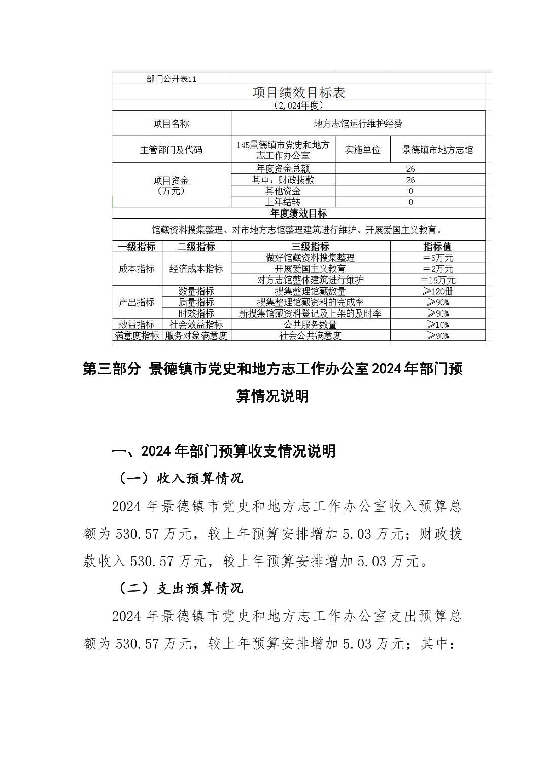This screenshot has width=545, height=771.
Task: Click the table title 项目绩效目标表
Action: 299,93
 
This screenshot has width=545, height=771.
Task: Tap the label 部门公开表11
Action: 171,79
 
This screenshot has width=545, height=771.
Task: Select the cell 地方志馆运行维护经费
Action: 358,124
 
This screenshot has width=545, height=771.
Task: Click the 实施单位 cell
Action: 362,150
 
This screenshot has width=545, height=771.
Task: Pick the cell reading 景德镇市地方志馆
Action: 437,150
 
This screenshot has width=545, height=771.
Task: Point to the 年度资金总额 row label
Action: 283,169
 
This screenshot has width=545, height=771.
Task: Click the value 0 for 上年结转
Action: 410,202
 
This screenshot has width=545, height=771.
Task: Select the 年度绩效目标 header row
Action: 298,214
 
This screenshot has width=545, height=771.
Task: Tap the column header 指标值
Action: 437,247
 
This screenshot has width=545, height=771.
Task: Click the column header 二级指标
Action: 196,247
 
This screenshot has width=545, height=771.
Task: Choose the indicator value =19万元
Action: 437,280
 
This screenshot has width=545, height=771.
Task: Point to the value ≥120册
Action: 437,291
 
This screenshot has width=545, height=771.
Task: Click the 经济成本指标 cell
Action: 196,269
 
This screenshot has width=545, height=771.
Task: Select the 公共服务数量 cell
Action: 310,325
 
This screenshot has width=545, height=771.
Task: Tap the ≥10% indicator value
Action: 437,325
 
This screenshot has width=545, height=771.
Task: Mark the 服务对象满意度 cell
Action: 196,336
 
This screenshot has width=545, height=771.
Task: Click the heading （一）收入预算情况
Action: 181,478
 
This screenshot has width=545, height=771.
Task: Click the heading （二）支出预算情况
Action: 181,588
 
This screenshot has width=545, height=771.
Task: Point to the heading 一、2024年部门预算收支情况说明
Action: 223,451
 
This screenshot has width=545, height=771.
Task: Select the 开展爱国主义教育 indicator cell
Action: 310,269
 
